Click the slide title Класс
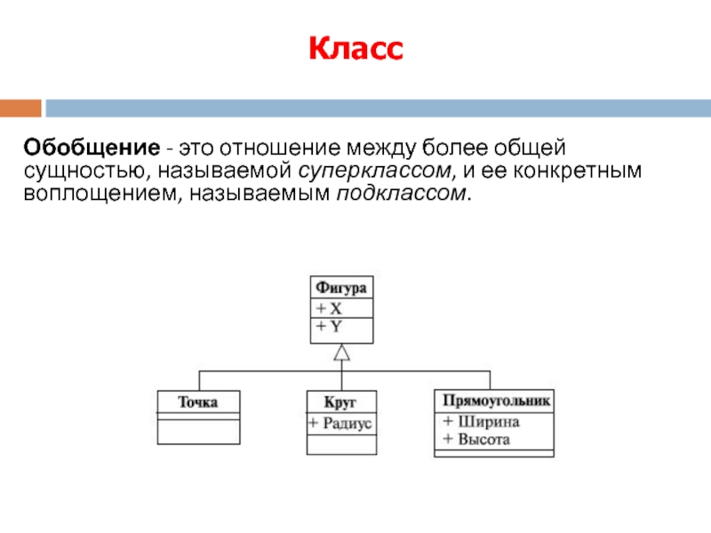click(x=355, y=50)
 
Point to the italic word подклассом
click(x=400, y=193)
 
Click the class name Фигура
click(x=341, y=288)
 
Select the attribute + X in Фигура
click(x=330, y=308)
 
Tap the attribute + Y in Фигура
click(x=330, y=326)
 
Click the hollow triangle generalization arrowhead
click(x=342, y=353)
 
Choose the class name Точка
click(x=197, y=402)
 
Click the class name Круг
click(x=340, y=402)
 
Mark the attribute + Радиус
click(x=340, y=424)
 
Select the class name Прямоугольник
click(x=495, y=401)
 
